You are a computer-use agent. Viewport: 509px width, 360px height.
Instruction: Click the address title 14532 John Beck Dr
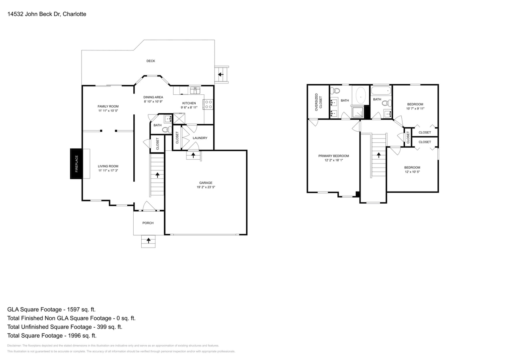pos(46,14)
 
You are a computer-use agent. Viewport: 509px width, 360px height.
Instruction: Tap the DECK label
pos(150,61)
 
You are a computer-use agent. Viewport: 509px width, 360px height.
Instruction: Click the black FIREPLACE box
pos(76,164)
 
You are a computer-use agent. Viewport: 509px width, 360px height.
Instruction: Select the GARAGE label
pos(206,183)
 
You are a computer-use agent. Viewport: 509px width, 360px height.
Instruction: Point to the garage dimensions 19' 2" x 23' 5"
pos(206,187)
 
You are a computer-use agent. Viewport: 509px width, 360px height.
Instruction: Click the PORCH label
pos(148,223)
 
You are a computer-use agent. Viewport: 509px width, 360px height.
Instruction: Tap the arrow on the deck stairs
pos(220,74)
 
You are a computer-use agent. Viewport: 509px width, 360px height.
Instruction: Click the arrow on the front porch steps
pos(148,240)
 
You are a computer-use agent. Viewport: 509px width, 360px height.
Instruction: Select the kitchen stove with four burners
pos(208,104)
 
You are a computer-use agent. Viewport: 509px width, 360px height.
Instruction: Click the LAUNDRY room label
pos(200,138)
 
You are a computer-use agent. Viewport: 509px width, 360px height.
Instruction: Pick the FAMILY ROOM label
pos(108,106)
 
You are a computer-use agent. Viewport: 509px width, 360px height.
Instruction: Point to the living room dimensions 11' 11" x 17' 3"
pos(108,171)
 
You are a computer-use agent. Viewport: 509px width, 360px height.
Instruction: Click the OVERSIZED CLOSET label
pos(318,102)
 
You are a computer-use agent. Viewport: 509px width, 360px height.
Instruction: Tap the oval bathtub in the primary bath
pos(361,96)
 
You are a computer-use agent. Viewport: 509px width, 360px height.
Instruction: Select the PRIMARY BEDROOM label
pos(333,156)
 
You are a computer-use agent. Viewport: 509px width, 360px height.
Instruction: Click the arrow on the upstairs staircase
pos(379,155)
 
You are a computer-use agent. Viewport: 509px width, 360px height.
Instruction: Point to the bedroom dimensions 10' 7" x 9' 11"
pos(415,108)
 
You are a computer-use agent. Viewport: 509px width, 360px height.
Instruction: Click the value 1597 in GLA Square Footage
pos(71,310)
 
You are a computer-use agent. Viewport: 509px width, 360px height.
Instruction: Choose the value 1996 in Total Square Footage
pos(72,336)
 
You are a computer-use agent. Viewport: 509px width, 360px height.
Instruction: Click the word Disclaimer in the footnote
pos(14,346)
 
